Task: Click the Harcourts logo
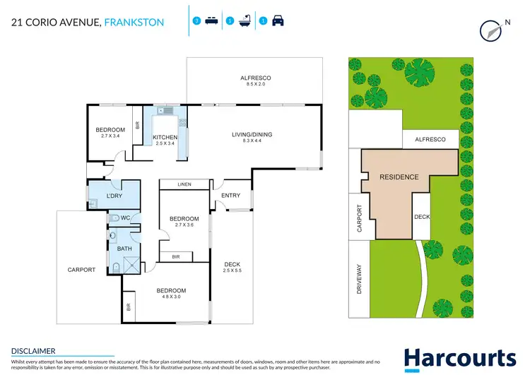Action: point(459,358)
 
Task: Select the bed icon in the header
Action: point(211,22)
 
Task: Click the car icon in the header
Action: point(278,22)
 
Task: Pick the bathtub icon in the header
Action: point(245,22)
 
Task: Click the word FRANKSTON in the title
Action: point(134,23)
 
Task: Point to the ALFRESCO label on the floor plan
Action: point(256,78)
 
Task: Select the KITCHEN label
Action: point(165,137)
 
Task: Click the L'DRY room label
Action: point(115,195)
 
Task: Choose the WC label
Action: point(124,218)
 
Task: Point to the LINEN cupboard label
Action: point(184,184)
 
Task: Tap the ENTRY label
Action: point(230,196)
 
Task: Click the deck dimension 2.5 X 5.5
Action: point(232,270)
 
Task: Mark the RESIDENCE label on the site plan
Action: point(399,177)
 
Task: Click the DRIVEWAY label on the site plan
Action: point(359,278)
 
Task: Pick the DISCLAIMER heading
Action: point(33,350)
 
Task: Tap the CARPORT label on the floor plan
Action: point(81,270)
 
